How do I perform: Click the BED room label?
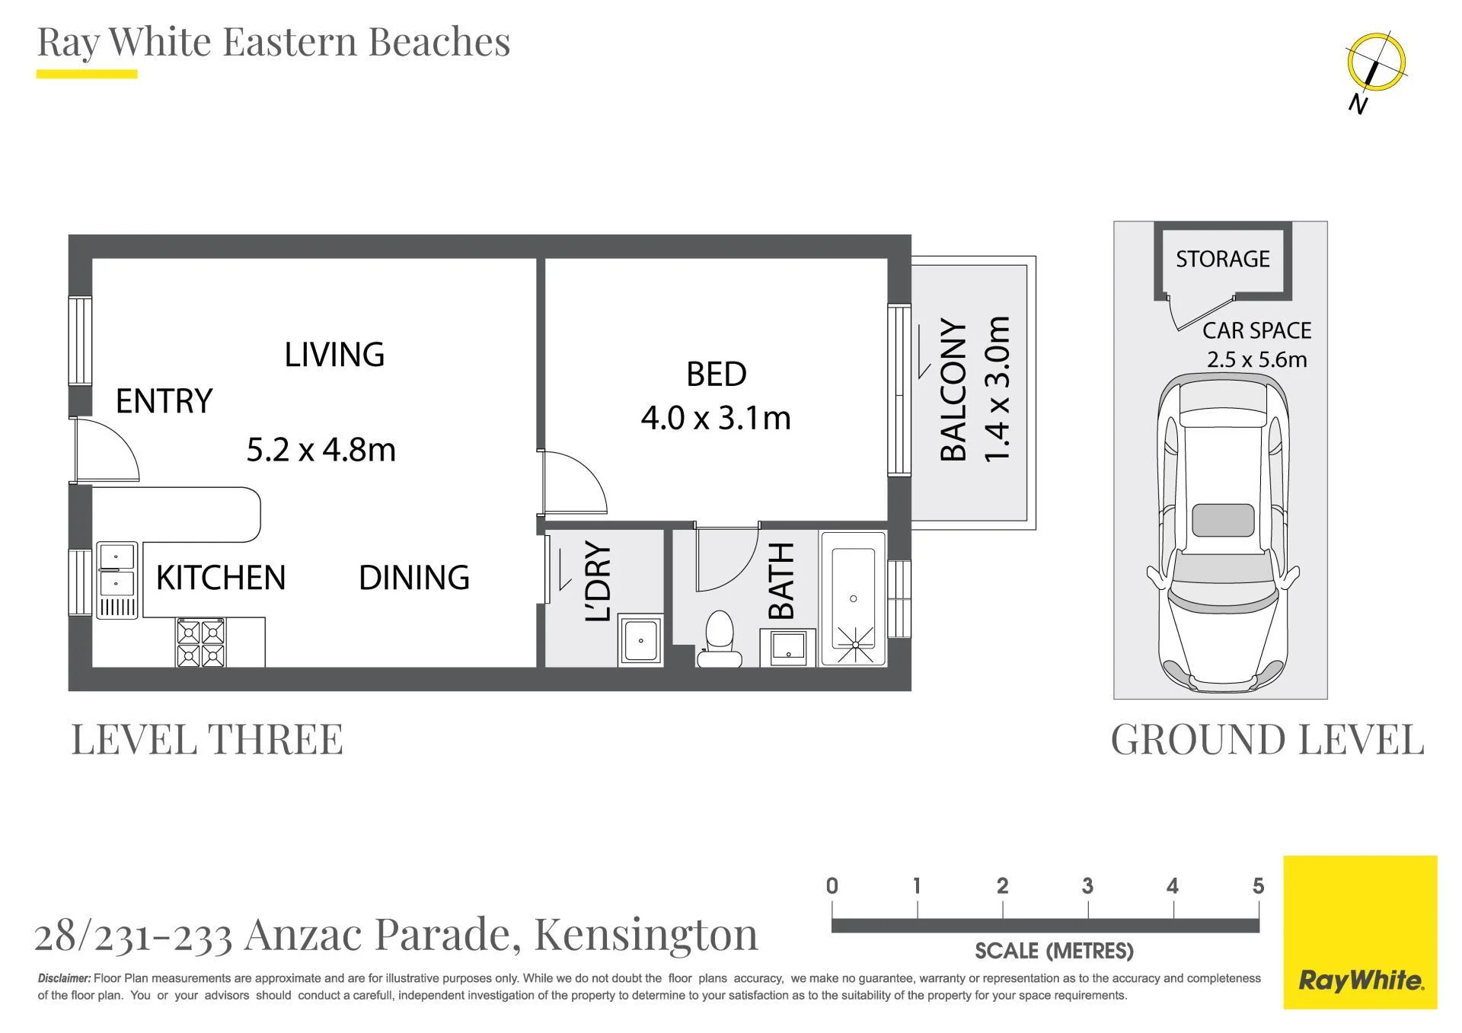(717, 374)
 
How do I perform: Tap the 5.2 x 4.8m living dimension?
(321, 450)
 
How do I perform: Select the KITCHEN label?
(221, 578)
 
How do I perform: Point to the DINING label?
(414, 578)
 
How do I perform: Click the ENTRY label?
(164, 401)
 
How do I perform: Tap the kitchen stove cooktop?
(201, 642)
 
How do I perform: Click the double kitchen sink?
(117, 579)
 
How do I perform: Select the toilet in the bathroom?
(719, 639)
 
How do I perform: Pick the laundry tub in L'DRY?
(640, 641)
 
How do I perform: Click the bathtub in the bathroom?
(854, 599)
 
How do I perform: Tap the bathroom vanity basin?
(788, 648)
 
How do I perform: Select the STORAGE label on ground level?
(1223, 260)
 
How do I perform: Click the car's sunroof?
(1223, 520)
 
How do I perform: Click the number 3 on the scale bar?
(1087, 886)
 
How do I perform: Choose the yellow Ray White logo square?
(1360, 933)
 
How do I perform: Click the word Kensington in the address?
(646, 935)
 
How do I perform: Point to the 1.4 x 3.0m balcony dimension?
(997, 389)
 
